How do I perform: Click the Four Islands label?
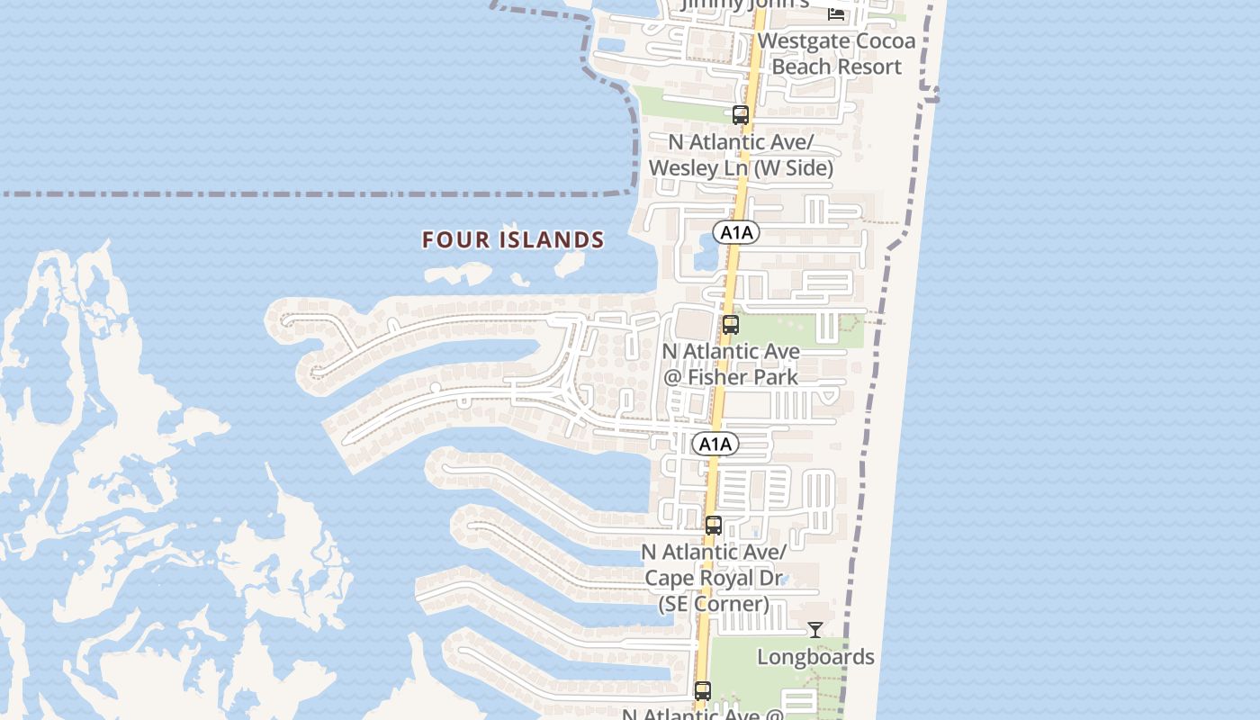click(x=513, y=240)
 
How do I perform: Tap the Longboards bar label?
click(x=815, y=657)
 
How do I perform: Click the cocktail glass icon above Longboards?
click(x=815, y=630)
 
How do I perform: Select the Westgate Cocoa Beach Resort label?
click(x=837, y=54)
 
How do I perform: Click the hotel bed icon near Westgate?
click(x=836, y=13)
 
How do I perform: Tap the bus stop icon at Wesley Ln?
click(x=741, y=115)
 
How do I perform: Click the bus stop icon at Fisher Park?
click(x=731, y=325)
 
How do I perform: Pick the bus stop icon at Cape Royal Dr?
click(x=714, y=526)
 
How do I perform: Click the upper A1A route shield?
click(x=736, y=233)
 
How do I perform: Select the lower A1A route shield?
click(x=715, y=444)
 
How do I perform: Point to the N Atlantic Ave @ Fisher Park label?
click(x=731, y=364)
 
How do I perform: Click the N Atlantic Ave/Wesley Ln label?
click(x=741, y=155)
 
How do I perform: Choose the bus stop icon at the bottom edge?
click(x=703, y=691)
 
